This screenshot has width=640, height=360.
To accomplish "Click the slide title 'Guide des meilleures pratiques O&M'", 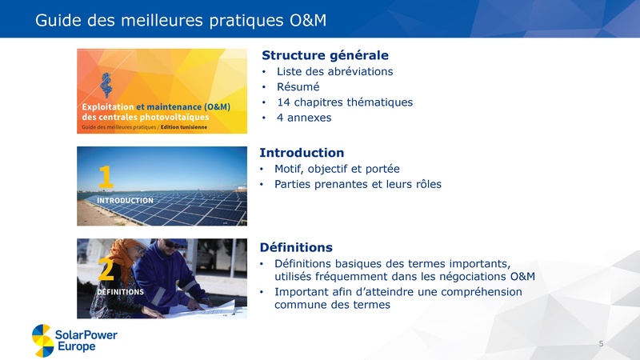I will (x=181, y=19).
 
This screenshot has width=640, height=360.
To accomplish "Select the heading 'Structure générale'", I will (x=325, y=55).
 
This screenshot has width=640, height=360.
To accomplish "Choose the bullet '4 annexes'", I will (x=303, y=118).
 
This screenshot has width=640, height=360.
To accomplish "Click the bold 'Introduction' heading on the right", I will (x=302, y=153).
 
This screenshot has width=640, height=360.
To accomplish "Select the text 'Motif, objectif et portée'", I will (x=337, y=169).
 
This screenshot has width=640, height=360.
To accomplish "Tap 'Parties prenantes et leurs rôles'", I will (x=358, y=184).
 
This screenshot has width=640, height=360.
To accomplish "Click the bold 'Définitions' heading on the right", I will (x=297, y=247).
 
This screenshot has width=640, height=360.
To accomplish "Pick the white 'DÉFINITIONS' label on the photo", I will (x=120, y=293).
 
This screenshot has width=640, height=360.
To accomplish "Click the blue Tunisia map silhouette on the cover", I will (x=105, y=82).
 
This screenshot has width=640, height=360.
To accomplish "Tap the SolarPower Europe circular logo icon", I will (x=43, y=340).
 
